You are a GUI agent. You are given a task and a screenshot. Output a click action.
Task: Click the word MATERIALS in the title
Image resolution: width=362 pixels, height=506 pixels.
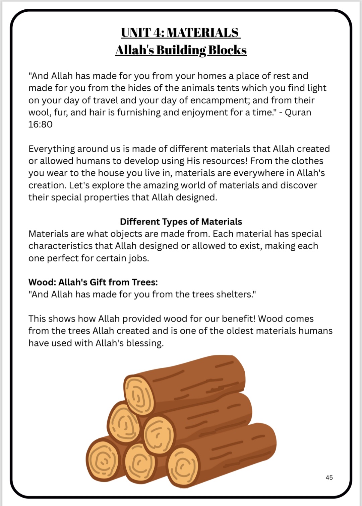(x=202, y=32)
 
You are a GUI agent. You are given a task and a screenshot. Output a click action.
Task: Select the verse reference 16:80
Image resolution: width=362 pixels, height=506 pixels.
(x=41, y=124)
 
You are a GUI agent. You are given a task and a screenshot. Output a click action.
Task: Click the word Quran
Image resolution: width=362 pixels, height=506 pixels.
(x=298, y=112)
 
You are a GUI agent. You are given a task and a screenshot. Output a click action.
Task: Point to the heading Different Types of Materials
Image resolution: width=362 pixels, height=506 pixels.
(x=181, y=222)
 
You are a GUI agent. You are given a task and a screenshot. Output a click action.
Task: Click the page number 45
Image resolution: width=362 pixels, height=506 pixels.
(x=329, y=478)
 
